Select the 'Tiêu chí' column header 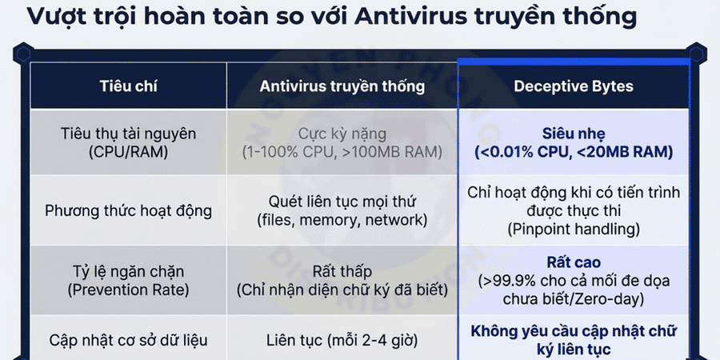[x=128, y=86]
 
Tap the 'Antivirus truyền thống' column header [x=342, y=86]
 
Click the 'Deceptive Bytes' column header [x=573, y=86]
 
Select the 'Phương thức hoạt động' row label [x=128, y=211]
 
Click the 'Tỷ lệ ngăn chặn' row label [x=128, y=271]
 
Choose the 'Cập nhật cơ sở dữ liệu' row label [x=128, y=340]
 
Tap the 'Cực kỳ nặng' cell [x=342, y=133]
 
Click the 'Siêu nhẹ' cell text [x=573, y=133]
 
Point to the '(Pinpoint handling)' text [x=573, y=229]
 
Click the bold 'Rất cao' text [x=573, y=262]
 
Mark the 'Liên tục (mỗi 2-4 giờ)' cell [x=342, y=340]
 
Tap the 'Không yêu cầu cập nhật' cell [x=573, y=331]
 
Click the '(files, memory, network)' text [x=342, y=220]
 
